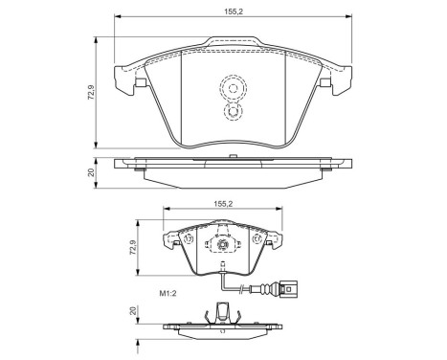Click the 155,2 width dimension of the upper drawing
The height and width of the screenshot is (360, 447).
231,10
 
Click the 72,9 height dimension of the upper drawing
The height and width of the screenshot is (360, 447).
89,93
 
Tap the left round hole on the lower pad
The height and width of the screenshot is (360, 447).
189,239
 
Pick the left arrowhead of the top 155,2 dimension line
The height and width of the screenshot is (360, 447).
117,18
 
